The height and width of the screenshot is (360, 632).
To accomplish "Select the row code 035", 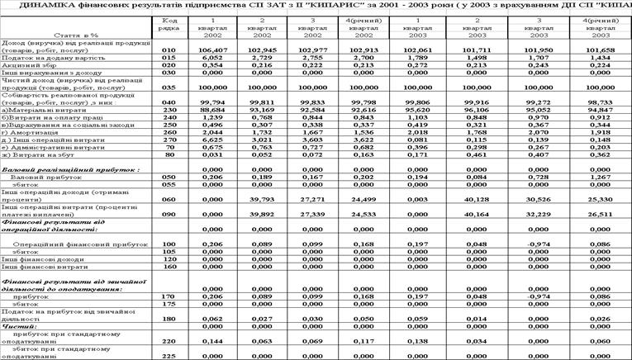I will coord(169,86).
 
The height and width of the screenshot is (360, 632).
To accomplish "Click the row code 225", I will coord(169,356).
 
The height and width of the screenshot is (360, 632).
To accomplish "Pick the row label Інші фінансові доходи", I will coord(37,259).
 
